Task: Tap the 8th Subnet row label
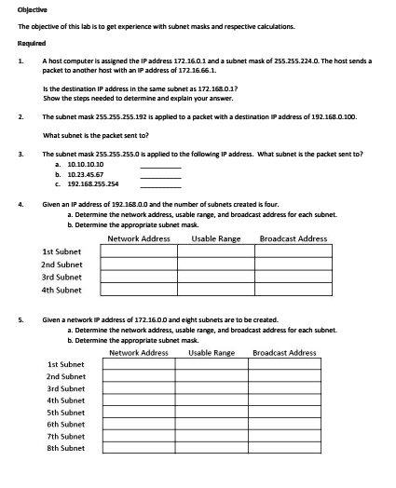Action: (65, 447)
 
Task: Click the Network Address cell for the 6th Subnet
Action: (138, 424)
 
